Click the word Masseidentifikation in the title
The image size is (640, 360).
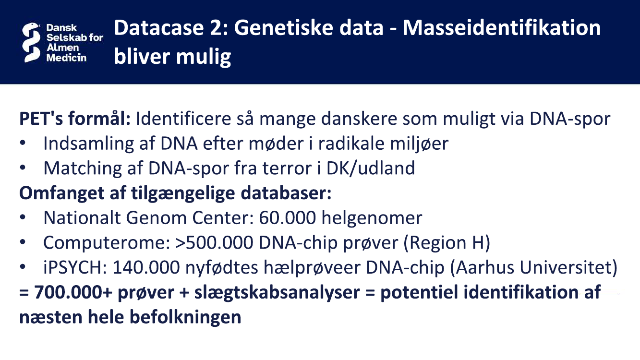click(502, 28)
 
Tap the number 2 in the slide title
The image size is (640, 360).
click(216, 28)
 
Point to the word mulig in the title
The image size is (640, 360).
click(204, 56)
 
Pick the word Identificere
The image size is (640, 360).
click(183, 119)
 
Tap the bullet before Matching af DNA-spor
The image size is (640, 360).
click(23, 168)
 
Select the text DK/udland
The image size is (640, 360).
click(371, 168)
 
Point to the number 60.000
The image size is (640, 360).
click(288, 218)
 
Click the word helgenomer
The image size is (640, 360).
click(372, 218)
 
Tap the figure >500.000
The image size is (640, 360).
click(215, 242)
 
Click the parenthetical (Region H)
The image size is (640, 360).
click(447, 242)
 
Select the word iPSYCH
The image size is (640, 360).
click(75, 267)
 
